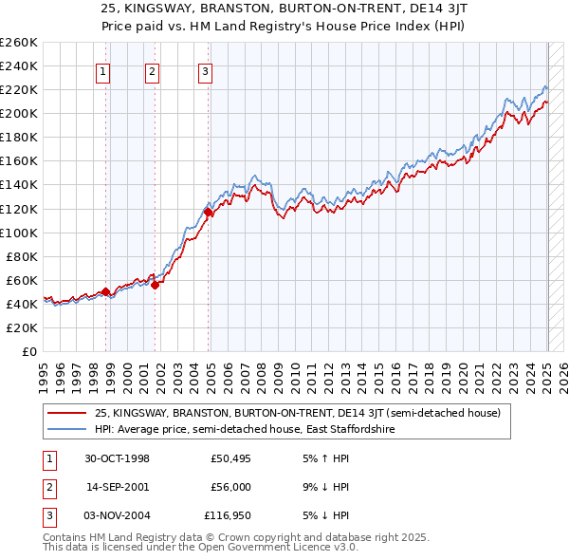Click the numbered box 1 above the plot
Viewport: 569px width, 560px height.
(101, 69)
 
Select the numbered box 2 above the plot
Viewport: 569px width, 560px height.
(152, 69)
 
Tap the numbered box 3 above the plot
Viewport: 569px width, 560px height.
(205, 69)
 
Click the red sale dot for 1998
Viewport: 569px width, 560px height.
(105, 291)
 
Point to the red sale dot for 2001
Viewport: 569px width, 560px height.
(155, 285)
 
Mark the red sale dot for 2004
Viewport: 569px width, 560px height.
(209, 213)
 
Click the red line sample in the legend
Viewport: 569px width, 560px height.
(66, 413)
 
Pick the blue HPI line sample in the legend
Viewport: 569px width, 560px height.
(66, 429)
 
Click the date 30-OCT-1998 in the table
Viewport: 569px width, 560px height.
(118, 459)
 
